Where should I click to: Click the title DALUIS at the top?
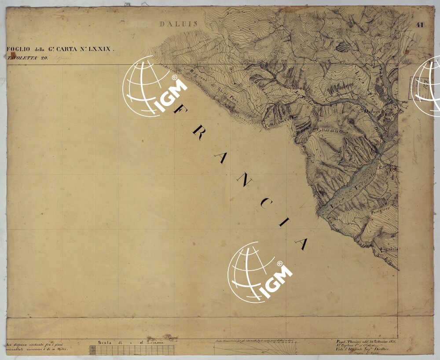click(179, 24)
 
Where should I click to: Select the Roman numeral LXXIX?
click(100, 50)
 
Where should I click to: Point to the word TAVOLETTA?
click(22, 58)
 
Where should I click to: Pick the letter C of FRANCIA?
click(263, 202)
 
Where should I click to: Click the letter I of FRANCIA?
click(282, 223)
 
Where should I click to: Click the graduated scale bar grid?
click(132, 350)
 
